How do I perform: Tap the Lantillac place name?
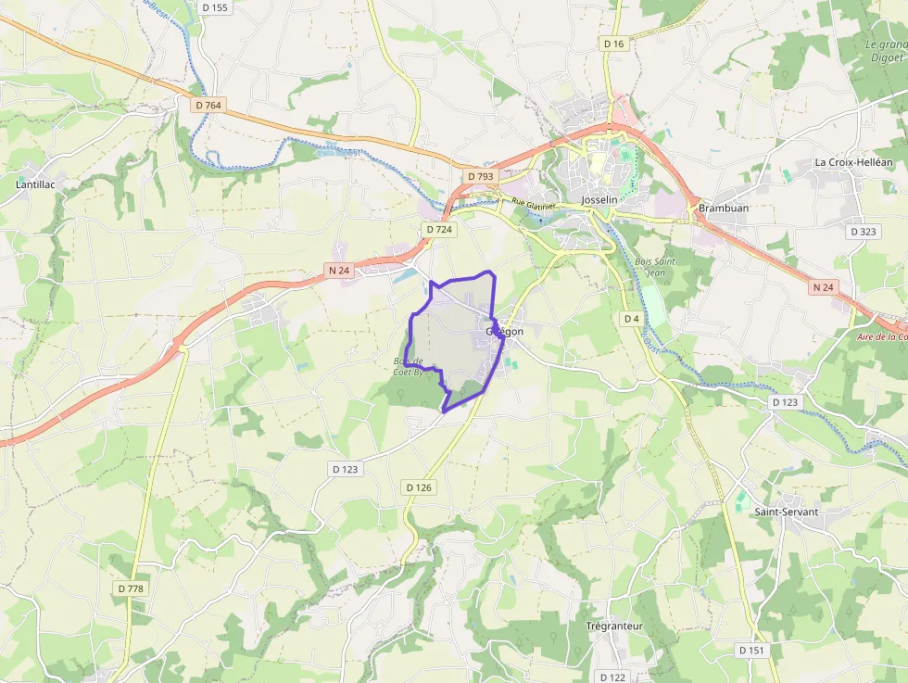35,184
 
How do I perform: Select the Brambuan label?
723,209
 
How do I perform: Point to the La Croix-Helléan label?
852,161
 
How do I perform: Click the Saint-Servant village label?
786,512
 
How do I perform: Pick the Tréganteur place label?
614,626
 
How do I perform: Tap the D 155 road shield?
214,8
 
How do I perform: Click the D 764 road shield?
209,106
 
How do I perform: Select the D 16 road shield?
613,44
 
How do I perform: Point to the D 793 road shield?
481,176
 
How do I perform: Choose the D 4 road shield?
631,319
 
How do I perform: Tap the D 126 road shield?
419,487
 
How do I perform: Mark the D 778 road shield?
132,588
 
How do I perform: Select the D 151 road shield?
752,651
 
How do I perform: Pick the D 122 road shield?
612,677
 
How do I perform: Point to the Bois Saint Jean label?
656,267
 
